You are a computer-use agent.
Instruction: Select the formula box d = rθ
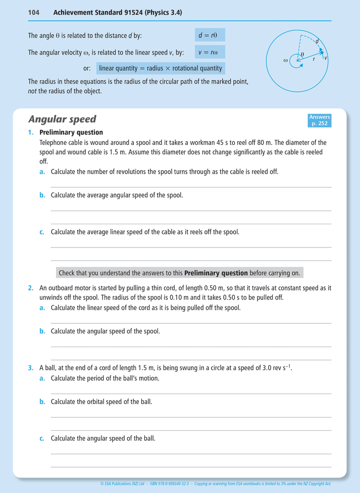(x=210, y=35)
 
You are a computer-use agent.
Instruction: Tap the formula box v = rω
(x=210, y=52)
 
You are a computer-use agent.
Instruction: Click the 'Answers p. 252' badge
(x=320, y=120)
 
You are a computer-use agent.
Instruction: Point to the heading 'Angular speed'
(x=62, y=120)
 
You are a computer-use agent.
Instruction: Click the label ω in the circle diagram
(x=286, y=60)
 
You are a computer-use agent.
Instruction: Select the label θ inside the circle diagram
(x=302, y=54)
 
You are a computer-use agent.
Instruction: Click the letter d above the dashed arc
(x=317, y=41)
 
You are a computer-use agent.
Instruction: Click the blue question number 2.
(x=31, y=288)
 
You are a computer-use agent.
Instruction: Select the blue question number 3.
(x=31, y=368)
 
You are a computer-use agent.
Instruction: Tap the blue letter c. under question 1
(x=42, y=232)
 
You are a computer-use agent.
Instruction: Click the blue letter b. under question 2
(x=42, y=331)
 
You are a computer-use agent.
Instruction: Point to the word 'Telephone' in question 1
(x=54, y=142)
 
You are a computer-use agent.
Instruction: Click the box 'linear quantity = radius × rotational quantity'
(x=160, y=68)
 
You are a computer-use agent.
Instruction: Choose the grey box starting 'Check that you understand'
(x=179, y=273)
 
